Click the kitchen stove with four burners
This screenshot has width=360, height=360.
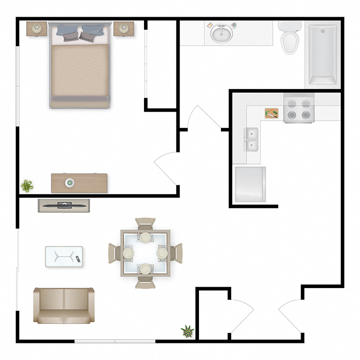click(x=298, y=109)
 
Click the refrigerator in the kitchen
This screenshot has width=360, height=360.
click(x=251, y=184)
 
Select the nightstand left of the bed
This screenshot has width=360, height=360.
click(x=36, y=29)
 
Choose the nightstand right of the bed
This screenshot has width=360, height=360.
click(x=124, y=29)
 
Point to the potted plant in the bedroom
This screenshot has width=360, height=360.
click(x=27, y=185)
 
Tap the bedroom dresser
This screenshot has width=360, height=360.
click(x=79, y=183)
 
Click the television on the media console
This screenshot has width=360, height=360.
click(x=64, y=205)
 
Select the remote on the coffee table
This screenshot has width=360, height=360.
click(x=77, y=258)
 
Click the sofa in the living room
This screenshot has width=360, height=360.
click(x=64, y=306)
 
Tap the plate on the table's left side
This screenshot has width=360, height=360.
click(x=129, y=253)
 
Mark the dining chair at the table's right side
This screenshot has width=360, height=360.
click(x=175, y=253)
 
